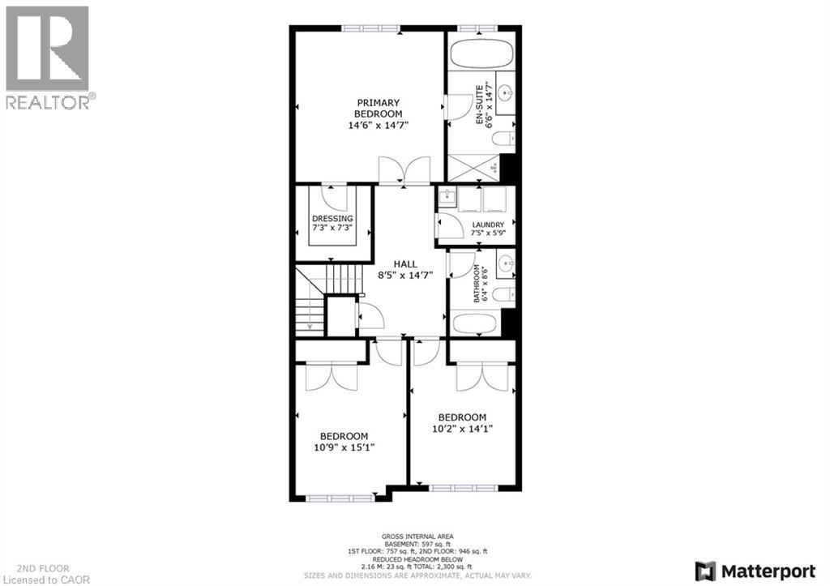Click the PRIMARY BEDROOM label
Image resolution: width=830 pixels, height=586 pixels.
pyautogui.click(x=379, y=108)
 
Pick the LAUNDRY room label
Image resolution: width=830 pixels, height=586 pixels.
pyautogui.click(x=489, y=225)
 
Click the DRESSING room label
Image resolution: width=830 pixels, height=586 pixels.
pyautogui.click(x=332, y=219)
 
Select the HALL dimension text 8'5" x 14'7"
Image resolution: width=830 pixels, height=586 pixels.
pyautogui.click(x=406, y=275)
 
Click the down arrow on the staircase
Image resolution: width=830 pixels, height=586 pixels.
pyautogui.click(x=309, y=326)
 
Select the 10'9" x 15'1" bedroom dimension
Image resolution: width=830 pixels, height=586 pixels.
pyautogui.click(x=344, y=447)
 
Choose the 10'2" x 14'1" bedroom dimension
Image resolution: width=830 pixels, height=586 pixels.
pyautogui.click(x=462, y=429)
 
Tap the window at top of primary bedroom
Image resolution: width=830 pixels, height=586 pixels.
pyautogui.click(x=370, y=29)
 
